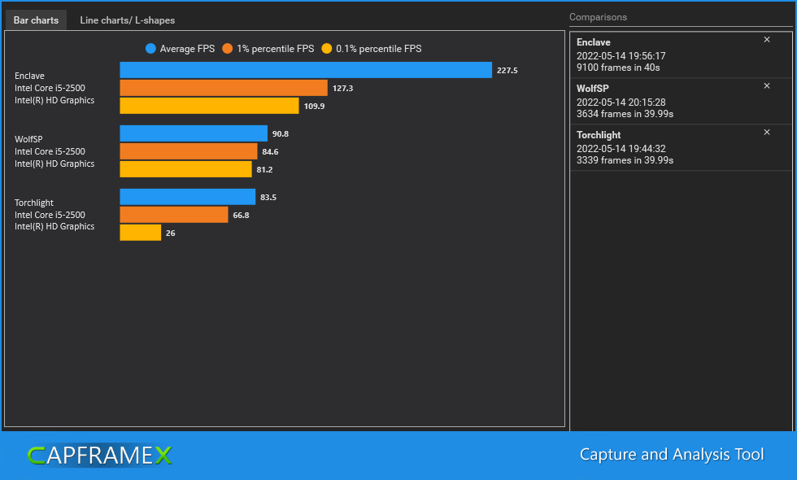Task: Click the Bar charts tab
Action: pos(36,20)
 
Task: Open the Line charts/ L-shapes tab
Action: pos(127,20)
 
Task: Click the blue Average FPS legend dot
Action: pos(150,49)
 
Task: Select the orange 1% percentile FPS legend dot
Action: pos(228,49)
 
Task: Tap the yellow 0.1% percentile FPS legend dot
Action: pos(327,49)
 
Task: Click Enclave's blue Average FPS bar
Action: pos(306,70)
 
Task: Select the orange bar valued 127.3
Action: pos(224,88)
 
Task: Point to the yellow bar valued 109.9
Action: pos(209,106)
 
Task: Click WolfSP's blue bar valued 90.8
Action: pos(194,133)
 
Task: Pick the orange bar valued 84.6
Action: pos(189,151)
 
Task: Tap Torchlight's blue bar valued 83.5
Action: pos(187,197)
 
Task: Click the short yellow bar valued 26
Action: pos(141,233)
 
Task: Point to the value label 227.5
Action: pos(507,71)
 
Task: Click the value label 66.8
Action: pos(241,216)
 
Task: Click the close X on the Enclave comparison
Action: pos(766,40)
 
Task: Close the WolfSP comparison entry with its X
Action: pos(766,85)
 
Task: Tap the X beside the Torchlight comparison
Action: pos(766,132)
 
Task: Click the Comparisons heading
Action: pos(598,17)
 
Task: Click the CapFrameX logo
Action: pos(99,456)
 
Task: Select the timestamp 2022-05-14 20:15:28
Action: pos(621,103)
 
